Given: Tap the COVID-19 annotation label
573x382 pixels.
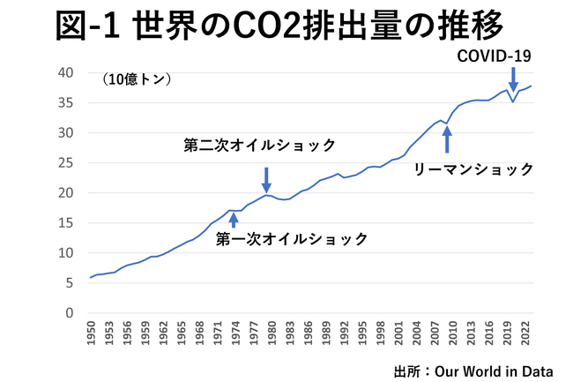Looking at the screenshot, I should tap(495, 56).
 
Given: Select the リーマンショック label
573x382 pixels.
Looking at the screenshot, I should tap(474, 168).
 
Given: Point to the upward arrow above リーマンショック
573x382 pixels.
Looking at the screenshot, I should tap(447, 139).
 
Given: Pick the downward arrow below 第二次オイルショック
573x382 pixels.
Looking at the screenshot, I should tap(266, 180).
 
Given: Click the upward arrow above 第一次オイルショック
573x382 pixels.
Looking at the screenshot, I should tap(233, 219).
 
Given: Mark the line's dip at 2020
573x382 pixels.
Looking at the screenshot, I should tap(513, 102).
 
